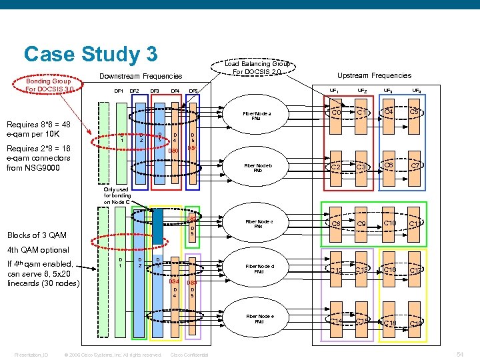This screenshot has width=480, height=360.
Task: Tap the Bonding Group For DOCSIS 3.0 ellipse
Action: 49,86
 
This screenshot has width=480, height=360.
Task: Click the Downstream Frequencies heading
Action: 141,77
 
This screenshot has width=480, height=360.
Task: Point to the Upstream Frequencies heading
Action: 374,75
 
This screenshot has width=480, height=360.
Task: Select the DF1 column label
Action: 119,91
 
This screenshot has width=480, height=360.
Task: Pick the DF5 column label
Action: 193,91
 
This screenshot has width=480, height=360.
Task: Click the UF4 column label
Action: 416,90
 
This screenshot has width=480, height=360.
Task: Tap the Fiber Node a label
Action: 257,116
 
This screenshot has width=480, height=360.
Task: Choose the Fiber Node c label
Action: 258,223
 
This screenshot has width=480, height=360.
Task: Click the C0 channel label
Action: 337,113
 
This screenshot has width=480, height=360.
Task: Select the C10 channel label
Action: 390,223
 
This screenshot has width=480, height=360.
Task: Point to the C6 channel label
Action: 389,165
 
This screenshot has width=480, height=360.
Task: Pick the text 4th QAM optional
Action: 37,250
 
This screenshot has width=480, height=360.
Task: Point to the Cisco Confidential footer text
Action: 189,354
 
